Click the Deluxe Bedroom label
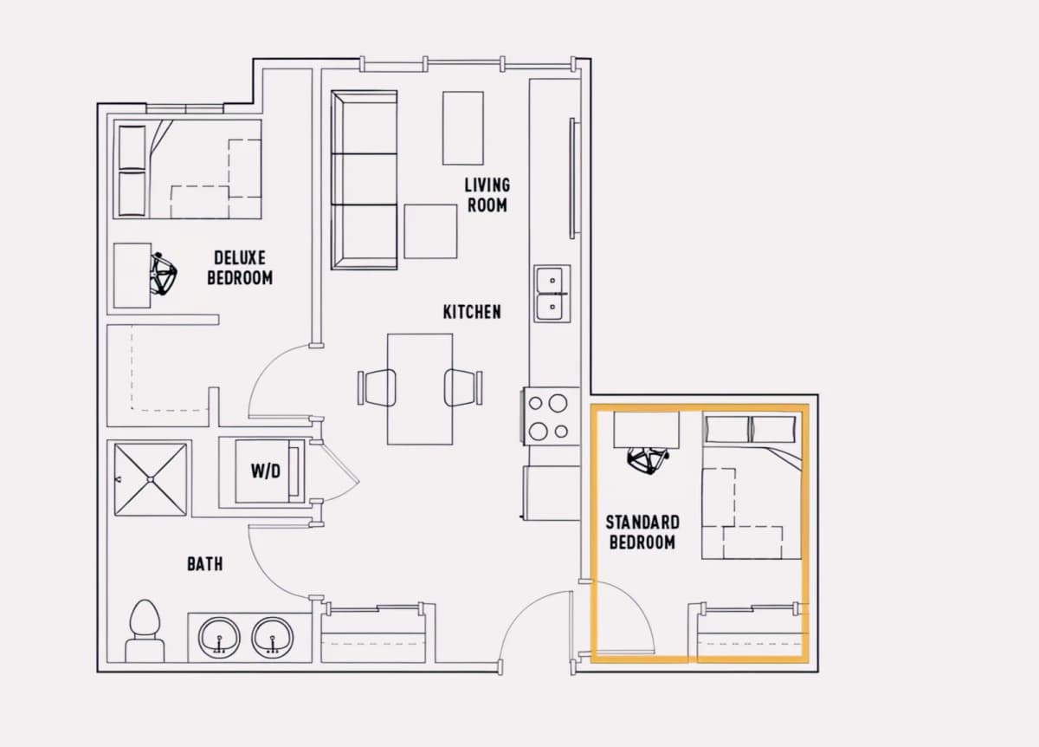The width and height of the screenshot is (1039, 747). [x=240, y=268]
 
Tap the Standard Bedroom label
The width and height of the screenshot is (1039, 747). [x=642, y=532]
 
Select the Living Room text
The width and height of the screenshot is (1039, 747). [x=487, y=195]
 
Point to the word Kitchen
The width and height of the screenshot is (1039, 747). [x=472, y=312]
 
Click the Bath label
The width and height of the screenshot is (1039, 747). [x=205, y=564]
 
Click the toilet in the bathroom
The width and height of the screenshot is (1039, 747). [x=145, y=631]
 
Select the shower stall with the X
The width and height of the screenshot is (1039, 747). [x=151, y=479]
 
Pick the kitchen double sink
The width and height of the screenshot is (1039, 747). [x=552, y=294]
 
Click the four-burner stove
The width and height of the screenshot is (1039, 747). [x=550, y=417]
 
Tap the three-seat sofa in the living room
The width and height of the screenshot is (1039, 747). [x=365, y=179]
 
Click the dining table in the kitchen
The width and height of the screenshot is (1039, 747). [x=420, y=389]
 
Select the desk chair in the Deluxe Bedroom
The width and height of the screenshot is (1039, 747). [x=163, y=274]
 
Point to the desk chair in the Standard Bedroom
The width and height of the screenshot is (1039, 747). [x=648, y=459]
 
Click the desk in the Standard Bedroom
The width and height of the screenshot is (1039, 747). [x=646, y=430]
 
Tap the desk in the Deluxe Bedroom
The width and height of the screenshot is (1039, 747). [x=132, y=276]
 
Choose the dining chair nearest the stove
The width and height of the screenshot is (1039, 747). [x=463, y=387]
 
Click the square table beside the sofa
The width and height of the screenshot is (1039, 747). [x=430, y=231]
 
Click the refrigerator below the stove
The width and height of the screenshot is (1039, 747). [x=552, y=492]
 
